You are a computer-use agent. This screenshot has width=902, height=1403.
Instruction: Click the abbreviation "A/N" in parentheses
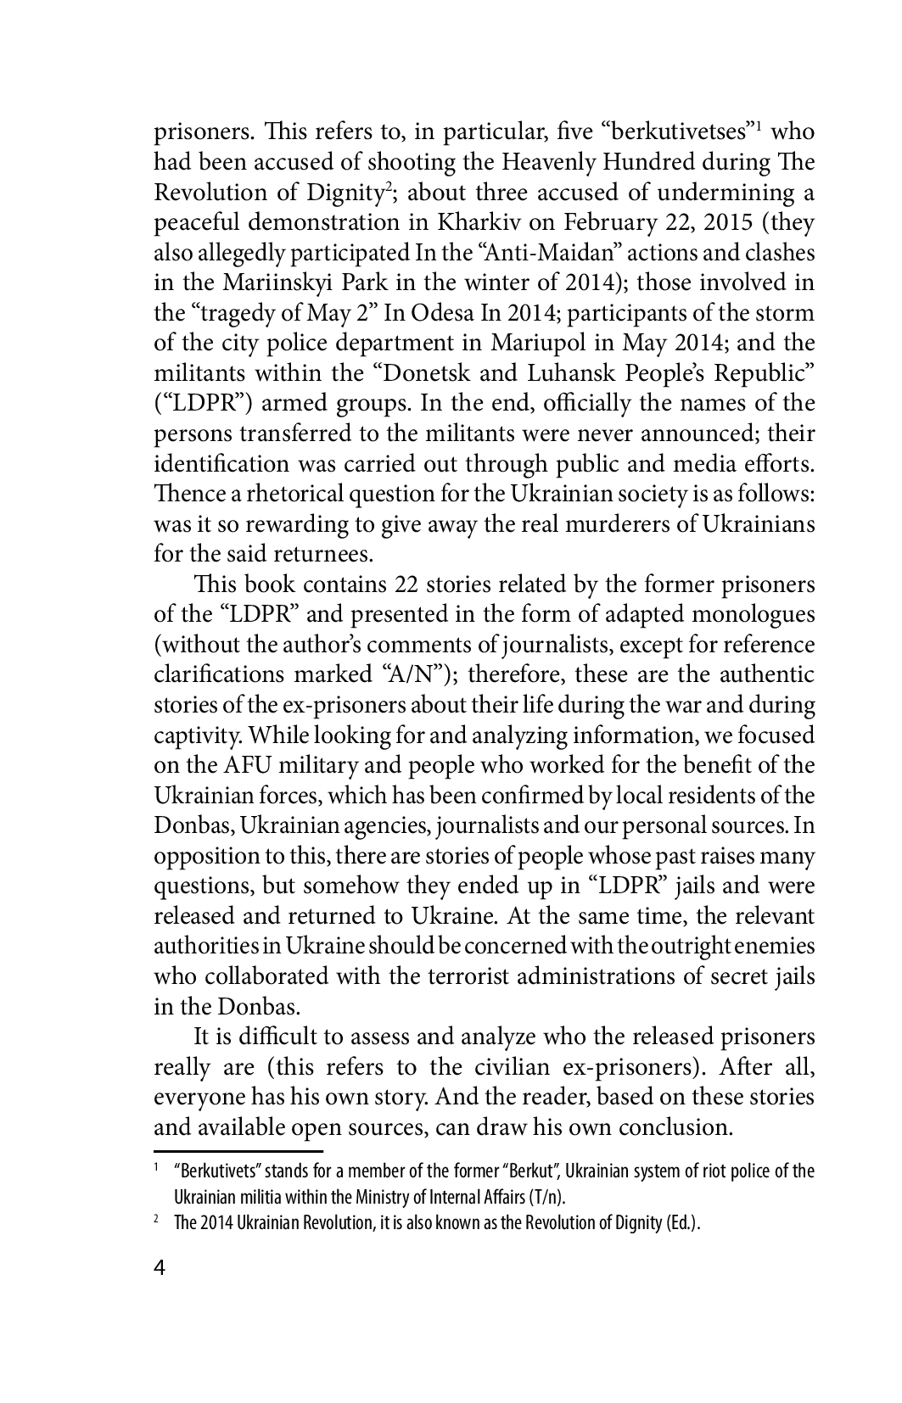pos(412,675)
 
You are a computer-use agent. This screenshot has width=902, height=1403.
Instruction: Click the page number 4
pos(160,1292)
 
